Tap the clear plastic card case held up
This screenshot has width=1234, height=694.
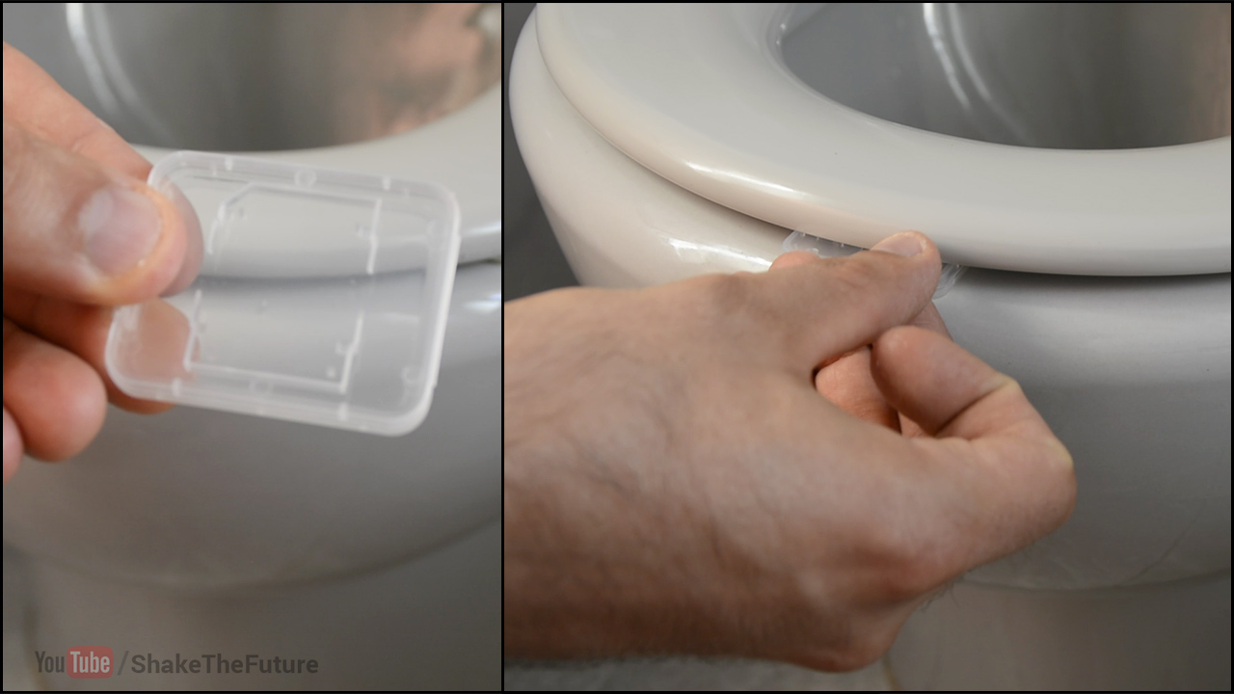point(283,292)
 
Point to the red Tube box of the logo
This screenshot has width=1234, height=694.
point(91,662)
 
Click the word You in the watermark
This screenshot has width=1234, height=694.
point(50,662)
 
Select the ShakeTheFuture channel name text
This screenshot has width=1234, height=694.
point(225,664)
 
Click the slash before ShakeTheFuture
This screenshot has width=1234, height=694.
point(122,663)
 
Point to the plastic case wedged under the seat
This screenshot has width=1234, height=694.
point(871,259)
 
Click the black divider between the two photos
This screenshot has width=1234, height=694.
point(503,347)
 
